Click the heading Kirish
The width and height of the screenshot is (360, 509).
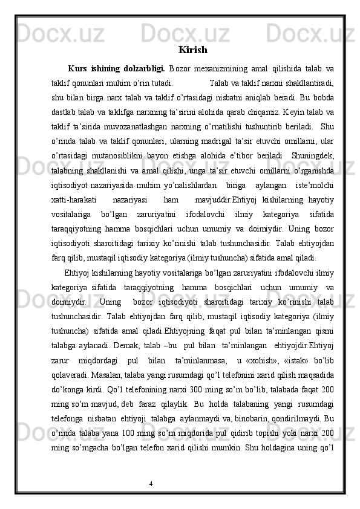[193, 50]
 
